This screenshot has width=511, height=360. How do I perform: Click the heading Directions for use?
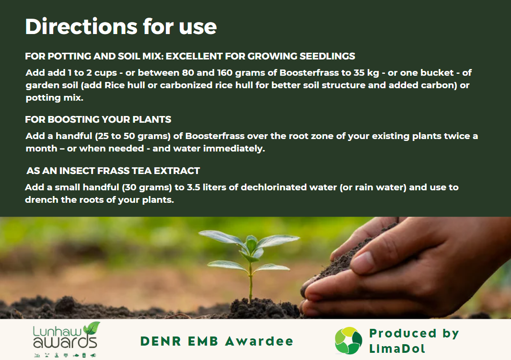[121, 26]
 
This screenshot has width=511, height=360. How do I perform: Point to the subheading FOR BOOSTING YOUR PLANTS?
[98, 119]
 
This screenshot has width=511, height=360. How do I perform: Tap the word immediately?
[234, 149]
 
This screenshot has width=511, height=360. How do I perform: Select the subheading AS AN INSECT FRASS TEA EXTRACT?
[113, 171]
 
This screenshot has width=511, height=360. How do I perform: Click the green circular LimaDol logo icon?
[348, 341]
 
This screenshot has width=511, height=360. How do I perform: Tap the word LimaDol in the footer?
[397, 349]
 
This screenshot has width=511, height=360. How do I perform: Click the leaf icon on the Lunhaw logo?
[92, 327]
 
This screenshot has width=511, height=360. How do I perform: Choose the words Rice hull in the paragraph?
[125, 85]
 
